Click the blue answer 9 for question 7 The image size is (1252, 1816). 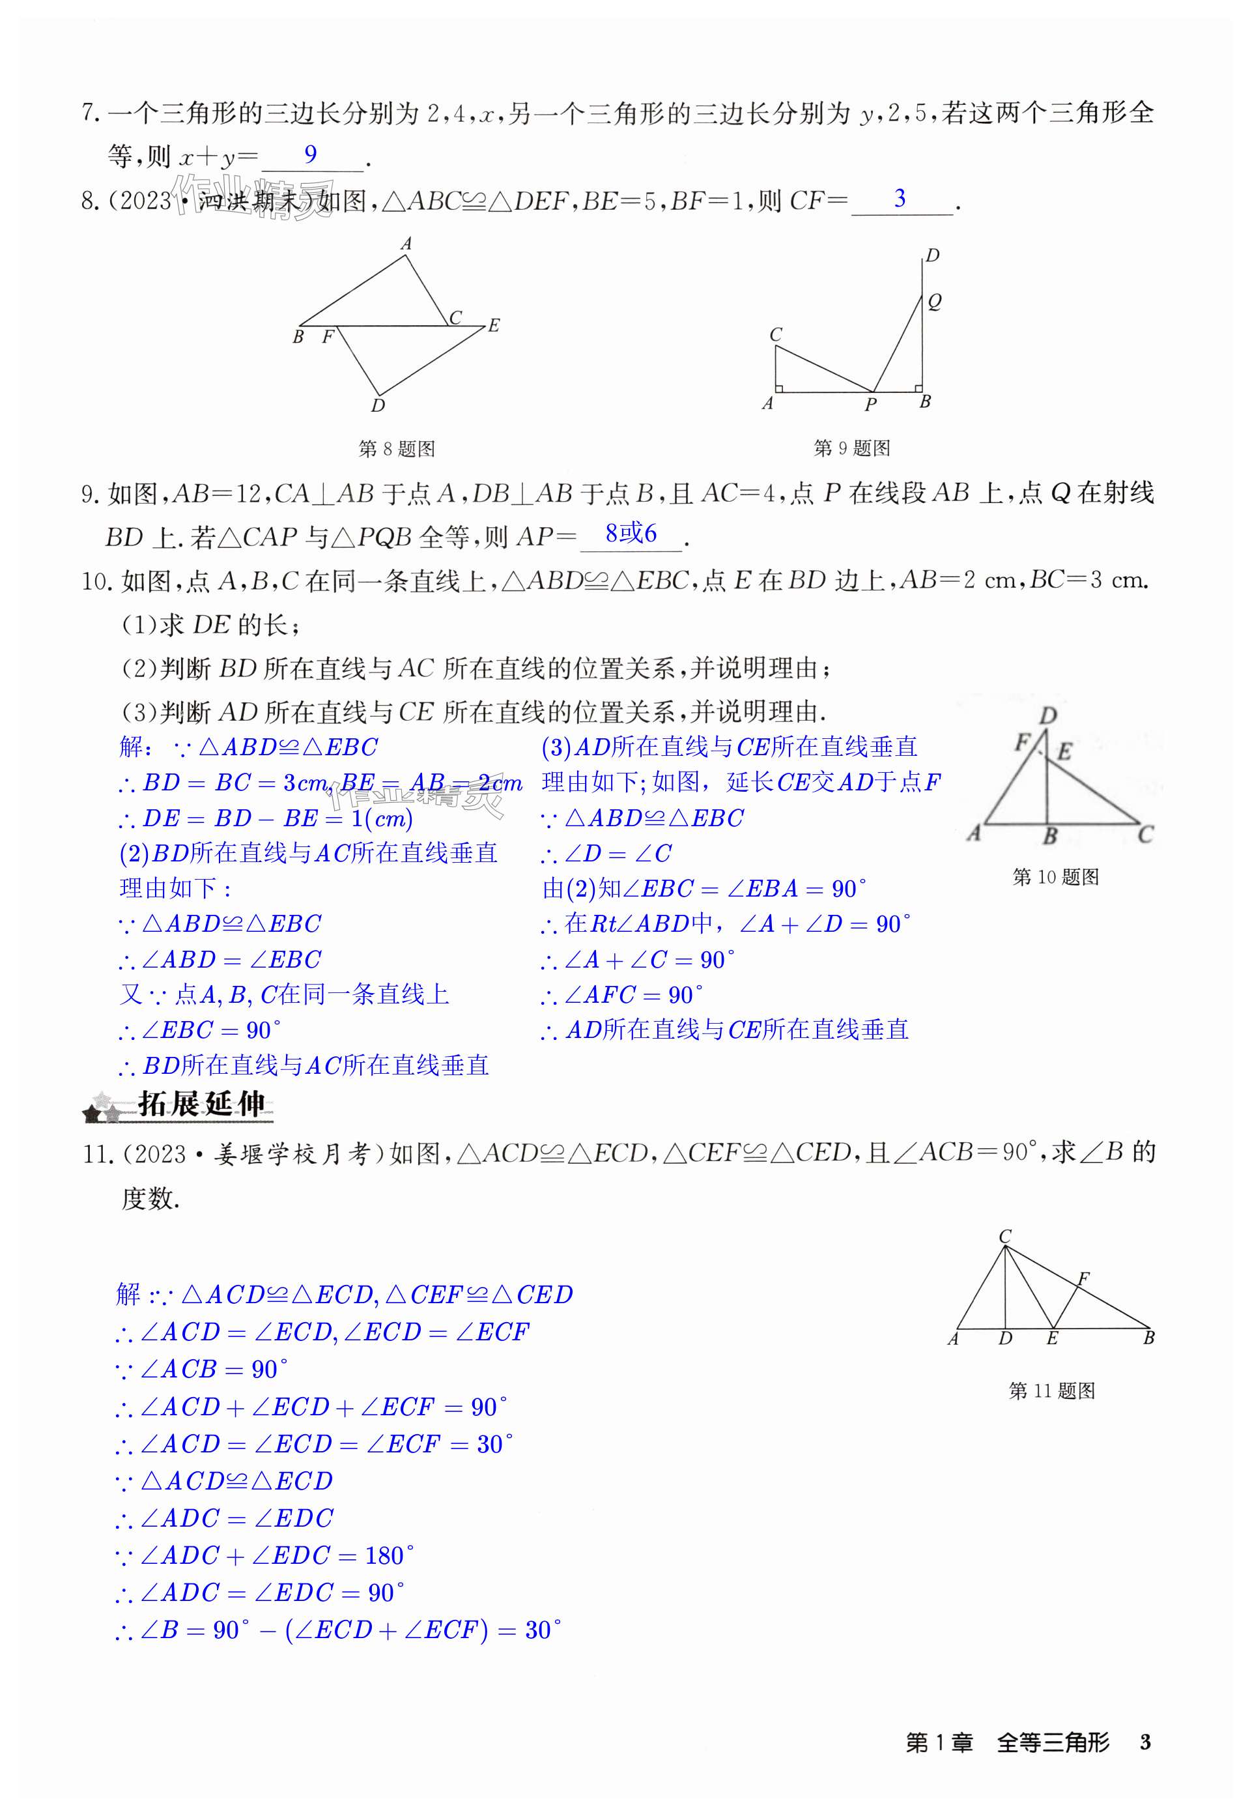click(x=311, y=154)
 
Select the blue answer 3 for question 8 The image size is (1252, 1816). click(x=900, y=199)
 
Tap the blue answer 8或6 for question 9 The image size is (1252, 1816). click(x=631, y=534)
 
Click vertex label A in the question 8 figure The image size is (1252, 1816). click(x=406, y=244)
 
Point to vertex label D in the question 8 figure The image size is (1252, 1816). click(x=378, y=405)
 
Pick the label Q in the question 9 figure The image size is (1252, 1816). click(x=934, y=300)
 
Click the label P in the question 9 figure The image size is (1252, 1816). click(x=871, y=405)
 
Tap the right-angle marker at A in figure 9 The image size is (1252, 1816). click(x=779, y=388)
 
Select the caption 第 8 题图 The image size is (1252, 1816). click(x=397, y=449)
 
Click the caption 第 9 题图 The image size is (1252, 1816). click(x=852, y=448)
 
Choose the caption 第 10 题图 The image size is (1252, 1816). click(x=1055, y=877)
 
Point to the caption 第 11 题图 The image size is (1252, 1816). click(x=1051, y=1391)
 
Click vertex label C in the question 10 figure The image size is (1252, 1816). click(x=1145, y=835)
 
